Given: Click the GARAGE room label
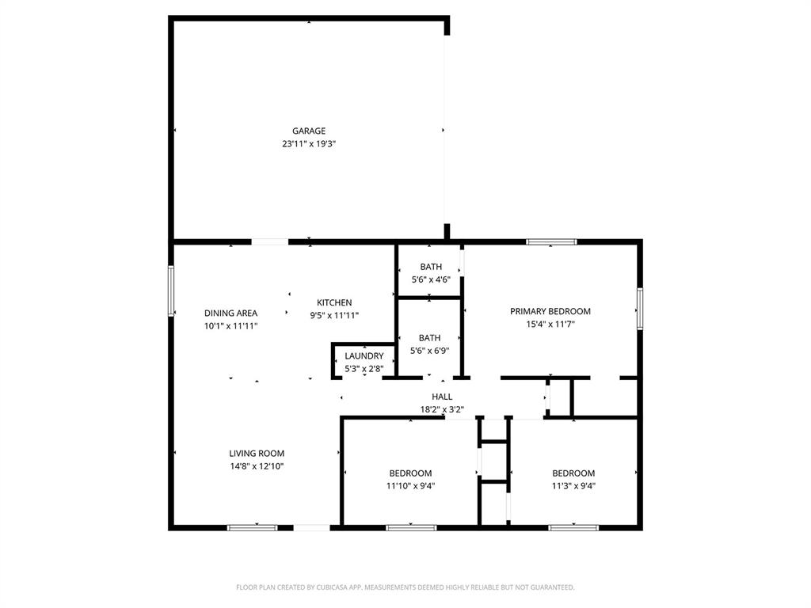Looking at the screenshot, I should click(308, 131).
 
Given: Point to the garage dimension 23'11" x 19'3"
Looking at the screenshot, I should click(308, 144).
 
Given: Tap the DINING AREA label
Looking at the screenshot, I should click(230, 313).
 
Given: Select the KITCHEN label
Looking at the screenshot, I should click(334, 302).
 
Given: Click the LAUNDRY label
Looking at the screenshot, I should click(364, 356).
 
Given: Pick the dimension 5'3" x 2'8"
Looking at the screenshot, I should click(364, 369).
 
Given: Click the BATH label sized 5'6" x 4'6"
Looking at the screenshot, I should click(431, 267).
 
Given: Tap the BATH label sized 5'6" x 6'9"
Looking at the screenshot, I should click(431, 337).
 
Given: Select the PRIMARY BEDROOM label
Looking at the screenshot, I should click(550, 311).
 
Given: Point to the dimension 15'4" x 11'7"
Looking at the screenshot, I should click(550, 324).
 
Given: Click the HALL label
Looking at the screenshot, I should click(442, 397).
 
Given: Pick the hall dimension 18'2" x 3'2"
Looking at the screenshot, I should click(442, 409).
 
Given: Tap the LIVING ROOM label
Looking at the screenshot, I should click(257, 454).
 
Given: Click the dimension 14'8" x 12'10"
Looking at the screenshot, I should click(257, 466).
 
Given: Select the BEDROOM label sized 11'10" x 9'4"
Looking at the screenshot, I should click(410, 473).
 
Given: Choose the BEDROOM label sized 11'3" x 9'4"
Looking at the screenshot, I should click(573, 473).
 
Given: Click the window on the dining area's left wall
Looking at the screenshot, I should click(171, 291).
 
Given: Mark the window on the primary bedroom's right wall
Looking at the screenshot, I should click(640, 308).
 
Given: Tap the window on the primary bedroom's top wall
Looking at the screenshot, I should click(551, 241).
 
